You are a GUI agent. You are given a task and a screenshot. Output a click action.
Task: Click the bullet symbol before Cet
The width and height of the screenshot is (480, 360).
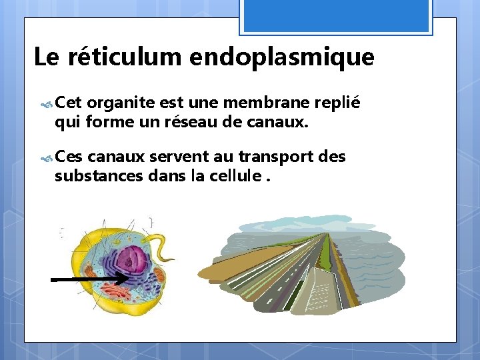[x=47, y=104]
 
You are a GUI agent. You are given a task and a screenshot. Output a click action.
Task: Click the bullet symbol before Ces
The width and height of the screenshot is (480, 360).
[x=47, y=158]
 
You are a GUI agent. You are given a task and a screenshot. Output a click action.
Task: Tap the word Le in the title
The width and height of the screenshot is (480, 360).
[x=46, y=57]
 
